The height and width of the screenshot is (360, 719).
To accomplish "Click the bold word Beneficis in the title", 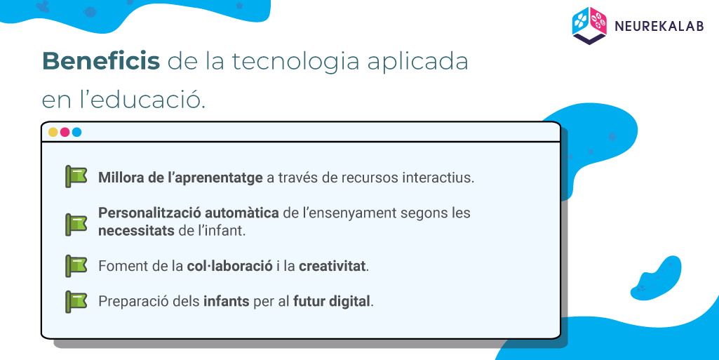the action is (101, 61).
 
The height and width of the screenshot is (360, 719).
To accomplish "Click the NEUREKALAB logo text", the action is (659, 26).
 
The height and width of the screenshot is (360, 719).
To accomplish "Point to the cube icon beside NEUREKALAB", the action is (590, 26).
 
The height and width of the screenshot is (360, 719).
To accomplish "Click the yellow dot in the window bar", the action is (53, 132).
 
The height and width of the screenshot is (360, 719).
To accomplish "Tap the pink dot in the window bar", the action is (65, 132).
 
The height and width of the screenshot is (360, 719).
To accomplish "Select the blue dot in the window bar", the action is (76, 132).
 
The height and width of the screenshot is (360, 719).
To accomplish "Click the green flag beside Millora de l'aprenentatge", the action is (76, 177).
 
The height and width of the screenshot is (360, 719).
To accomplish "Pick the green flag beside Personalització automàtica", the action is (76, 225).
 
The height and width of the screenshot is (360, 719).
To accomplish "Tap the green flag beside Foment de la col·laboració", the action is (76, 266).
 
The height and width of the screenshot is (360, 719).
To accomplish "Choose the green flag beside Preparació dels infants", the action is (76, 302).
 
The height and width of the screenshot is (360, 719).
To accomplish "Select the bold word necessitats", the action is (136, 230).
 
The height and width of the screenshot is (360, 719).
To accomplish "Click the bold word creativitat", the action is (332, 266).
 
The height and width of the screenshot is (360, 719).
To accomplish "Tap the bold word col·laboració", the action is (230, 266).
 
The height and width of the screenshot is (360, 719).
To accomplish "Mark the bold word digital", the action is (350, 302).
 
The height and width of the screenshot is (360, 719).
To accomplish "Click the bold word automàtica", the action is (241, 213).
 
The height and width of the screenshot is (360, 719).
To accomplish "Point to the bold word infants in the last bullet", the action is (227, 302).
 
